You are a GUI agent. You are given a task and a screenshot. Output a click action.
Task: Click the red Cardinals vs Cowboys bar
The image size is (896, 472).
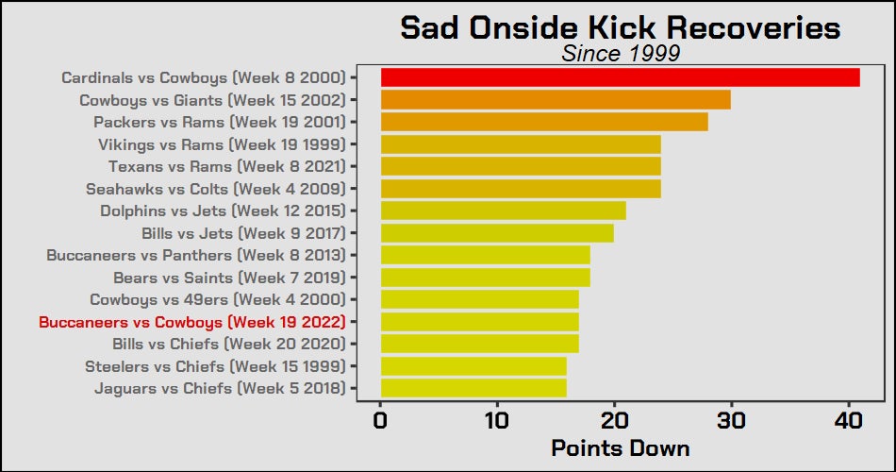tap(620, 77)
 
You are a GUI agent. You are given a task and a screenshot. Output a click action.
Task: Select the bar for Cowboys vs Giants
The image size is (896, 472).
tap(556, 99)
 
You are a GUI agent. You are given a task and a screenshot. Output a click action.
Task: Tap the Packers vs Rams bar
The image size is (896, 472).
tap(544, 122)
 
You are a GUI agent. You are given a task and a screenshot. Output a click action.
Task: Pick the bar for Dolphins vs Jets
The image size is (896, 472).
tap(503, 211)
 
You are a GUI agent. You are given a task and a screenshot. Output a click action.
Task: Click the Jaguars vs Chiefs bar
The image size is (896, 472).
tap(473, 388)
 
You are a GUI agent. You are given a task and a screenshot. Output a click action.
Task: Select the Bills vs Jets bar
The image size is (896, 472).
tap(497, 233)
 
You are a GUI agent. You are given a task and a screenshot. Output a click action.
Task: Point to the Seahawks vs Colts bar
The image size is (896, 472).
tap(521, 188)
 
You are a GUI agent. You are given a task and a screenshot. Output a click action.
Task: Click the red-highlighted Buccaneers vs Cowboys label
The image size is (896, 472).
tap(192, 322)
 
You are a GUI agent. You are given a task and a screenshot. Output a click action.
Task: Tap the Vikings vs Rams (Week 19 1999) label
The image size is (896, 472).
tap(223, 144)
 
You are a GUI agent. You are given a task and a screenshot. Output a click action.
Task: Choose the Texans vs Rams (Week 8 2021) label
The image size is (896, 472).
tap(227, 166)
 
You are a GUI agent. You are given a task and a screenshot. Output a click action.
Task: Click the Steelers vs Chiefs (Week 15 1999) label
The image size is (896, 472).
tap(215, 366)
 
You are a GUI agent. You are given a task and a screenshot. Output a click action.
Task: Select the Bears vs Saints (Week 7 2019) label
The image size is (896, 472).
tap(230, 278)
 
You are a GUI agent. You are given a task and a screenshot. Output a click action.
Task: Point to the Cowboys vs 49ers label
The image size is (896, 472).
tap(218, 300)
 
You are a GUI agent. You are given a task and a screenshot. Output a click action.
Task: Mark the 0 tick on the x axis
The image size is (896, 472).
tap(381, 421)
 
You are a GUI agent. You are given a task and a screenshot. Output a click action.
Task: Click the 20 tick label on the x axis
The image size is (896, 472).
tap(614, 421)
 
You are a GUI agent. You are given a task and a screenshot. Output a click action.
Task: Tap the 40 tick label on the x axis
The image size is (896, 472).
tap(848, 421)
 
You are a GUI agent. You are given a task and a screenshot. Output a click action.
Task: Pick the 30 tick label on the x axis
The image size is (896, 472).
tap(732, 421)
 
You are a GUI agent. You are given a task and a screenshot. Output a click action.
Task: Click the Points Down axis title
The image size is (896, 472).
tap(621, 448)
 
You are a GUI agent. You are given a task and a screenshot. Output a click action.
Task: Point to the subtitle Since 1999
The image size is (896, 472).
tap(621, 53)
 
